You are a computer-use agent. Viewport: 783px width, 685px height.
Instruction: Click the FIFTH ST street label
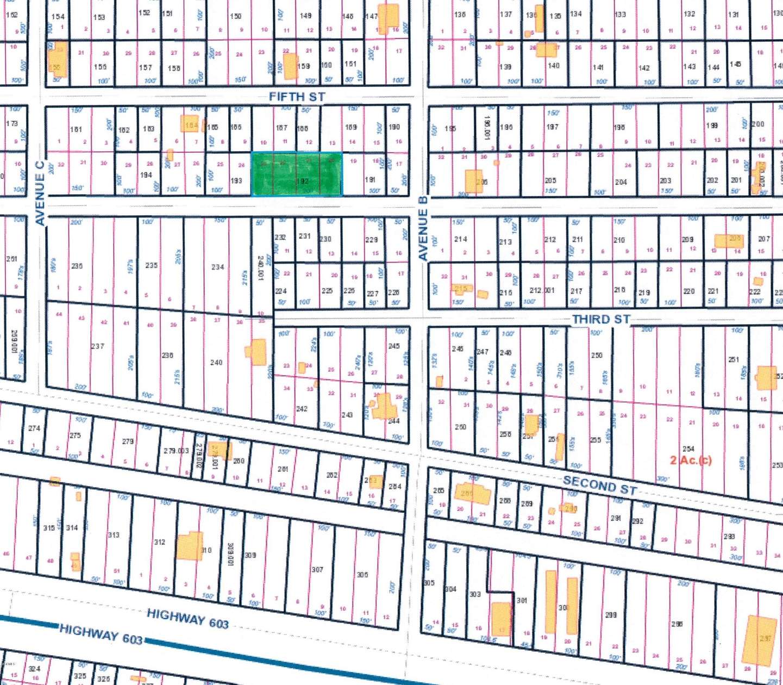[297, 97]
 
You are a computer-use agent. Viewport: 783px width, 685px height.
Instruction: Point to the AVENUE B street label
[423, 228]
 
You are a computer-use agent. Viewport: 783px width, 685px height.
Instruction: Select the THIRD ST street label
[601, 319]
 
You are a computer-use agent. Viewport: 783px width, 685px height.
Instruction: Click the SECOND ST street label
[600, 485]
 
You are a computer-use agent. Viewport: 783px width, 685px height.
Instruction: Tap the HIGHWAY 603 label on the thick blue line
[101, 634]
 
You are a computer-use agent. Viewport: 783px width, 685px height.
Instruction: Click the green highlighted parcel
[297, 174]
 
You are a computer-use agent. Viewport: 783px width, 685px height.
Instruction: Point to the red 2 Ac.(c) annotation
[691, 460]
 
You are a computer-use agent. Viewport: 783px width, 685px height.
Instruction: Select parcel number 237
[97, 346]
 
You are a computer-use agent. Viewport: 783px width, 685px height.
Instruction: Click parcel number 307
[317, 569]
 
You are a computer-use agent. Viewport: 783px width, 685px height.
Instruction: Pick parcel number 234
[217, 267]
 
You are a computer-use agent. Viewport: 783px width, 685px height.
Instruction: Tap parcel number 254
[688, 449]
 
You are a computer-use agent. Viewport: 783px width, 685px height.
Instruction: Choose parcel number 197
[552, 127]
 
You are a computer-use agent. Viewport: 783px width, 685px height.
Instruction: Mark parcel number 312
[159, 542]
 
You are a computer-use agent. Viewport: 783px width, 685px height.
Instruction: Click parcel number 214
[460, 239]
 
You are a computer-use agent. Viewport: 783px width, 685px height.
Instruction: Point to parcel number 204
[621, 182]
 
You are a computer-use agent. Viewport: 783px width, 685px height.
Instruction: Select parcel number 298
[611, 615]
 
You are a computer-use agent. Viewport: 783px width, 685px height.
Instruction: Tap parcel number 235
[151, 265]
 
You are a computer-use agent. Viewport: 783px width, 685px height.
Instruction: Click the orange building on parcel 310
[189, 546]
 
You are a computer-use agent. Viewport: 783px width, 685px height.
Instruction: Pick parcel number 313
[113, 535]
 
